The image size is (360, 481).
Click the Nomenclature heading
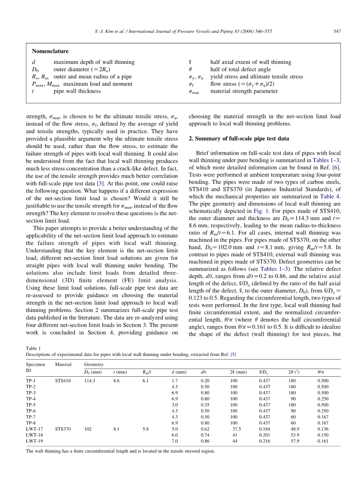[50, 51]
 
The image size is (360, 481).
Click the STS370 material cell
[63, 429]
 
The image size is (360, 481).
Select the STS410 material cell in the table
[63, 381]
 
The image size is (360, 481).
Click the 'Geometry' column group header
[94, 364]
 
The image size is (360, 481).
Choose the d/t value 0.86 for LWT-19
[205, 441]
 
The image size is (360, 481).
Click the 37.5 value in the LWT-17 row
[236, 429]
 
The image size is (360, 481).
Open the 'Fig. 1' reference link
[265, 211]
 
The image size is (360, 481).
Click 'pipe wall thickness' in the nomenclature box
[77, 91]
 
